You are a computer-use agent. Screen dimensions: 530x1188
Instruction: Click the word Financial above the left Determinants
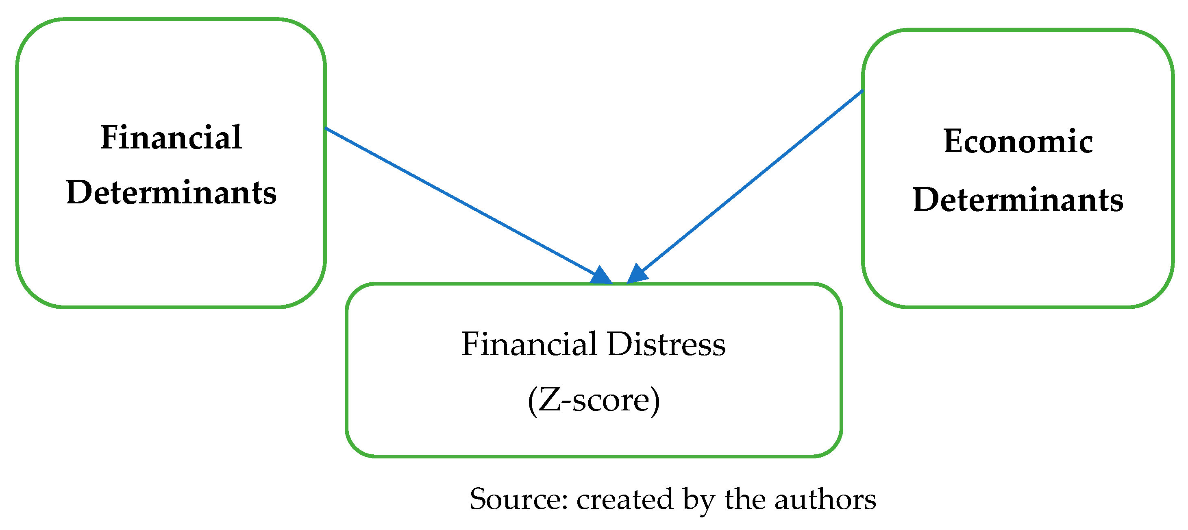point(171,137)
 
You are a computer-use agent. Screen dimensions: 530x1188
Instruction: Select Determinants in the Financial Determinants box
point(171,192)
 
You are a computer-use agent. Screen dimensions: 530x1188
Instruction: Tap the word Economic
point(1018,141)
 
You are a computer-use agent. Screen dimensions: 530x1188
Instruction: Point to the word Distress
point(666,344)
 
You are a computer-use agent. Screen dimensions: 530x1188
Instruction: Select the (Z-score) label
point(594,399)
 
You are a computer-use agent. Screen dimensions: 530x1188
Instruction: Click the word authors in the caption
point(825,499)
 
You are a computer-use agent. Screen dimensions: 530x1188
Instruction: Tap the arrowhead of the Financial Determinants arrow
point(601,276)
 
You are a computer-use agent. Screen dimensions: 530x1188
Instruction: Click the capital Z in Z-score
point(549,399)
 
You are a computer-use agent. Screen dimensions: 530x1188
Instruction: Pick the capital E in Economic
point(953,141)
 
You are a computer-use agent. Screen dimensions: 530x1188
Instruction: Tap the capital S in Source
point(479,499)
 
